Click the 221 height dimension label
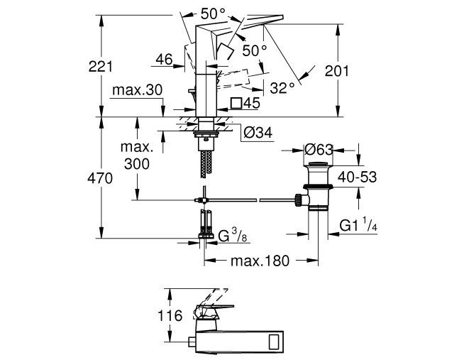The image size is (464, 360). click(x=101, y=67)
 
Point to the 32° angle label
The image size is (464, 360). click(x=282, y=87)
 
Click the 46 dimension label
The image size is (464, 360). click(x=163, y=60)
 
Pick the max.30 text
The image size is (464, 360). click(x=138, y=90)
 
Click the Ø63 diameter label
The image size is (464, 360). click(x=319, y=149)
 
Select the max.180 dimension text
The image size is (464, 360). click(x=260, y=261)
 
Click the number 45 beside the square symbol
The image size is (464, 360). click(x=252, y=103)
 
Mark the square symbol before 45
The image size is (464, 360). click(x=236, y=103)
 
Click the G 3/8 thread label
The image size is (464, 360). click(x=233, y=236)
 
